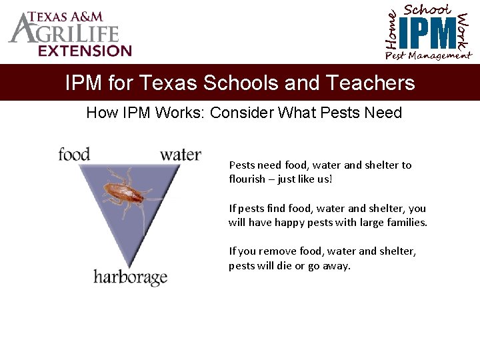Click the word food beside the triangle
coord(73,155)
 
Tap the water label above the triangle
coord(180,155)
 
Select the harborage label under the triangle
coord(130,276)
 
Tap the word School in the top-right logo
coord(428,9)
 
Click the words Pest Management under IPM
coord(428,55)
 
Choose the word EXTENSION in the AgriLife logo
coord(85,51)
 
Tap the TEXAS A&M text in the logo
coord(69,17)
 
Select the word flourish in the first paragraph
coord(247,179)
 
